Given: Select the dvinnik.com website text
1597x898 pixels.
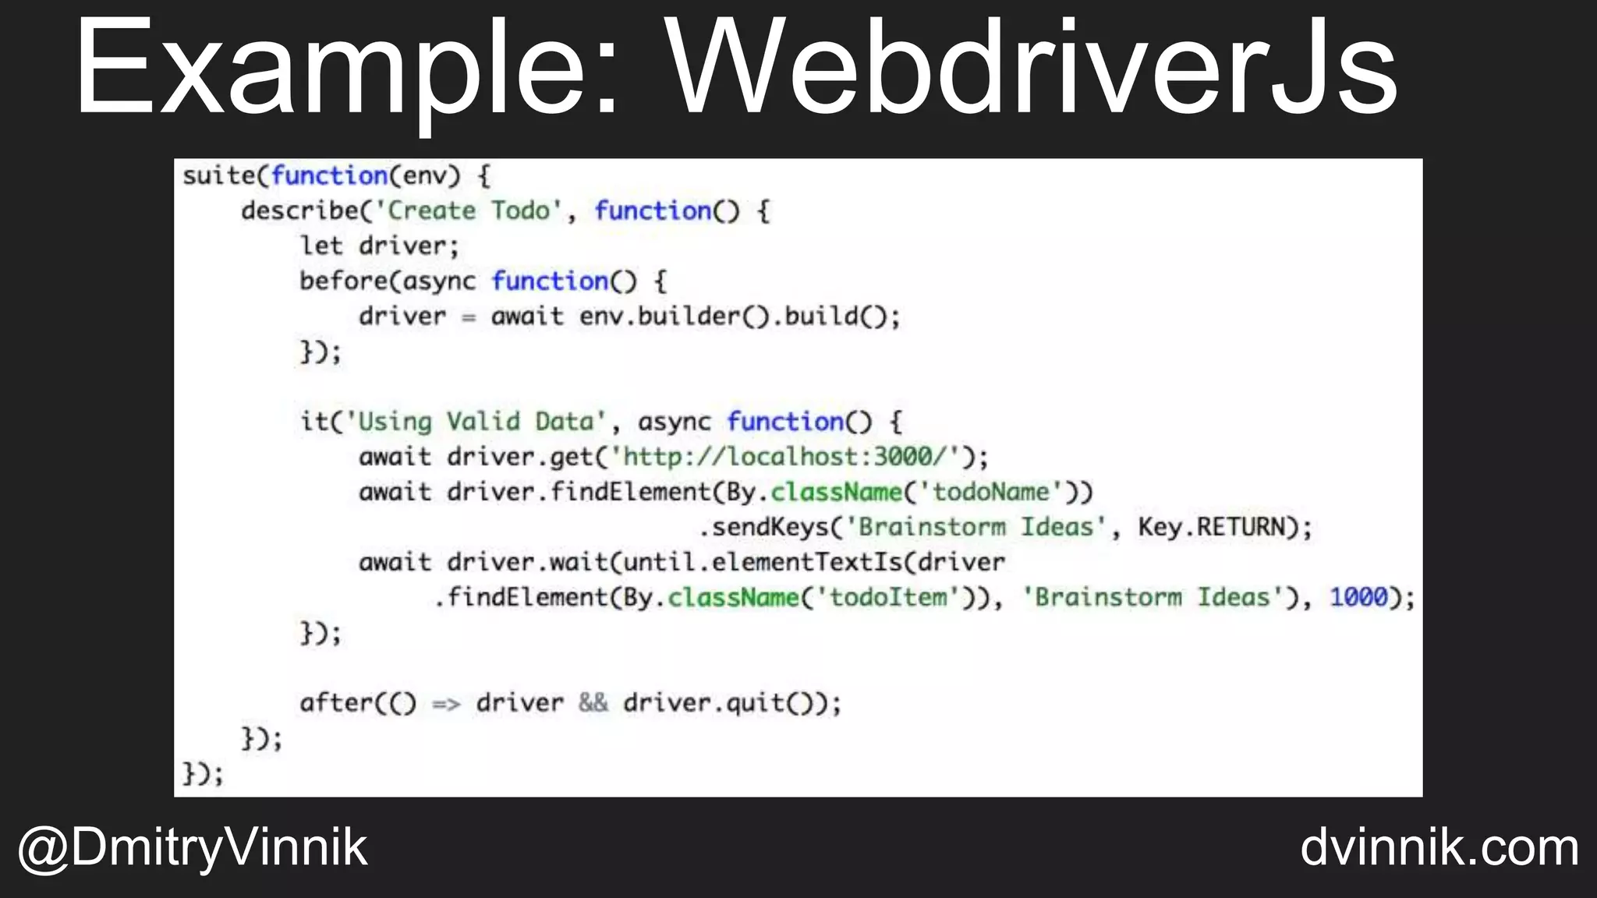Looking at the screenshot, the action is pos(1439,848).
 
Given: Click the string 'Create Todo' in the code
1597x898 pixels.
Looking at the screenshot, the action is pos(469,210).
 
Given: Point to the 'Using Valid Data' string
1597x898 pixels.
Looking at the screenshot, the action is pos(475,422).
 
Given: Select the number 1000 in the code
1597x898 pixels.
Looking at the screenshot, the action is pos(1358,597).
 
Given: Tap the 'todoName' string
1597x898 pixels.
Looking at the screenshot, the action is pos(991,492).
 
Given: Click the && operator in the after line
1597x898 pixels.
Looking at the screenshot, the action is pos(593,703).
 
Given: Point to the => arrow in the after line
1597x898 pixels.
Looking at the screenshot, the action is pos(446,704).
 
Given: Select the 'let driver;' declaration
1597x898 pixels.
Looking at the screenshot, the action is pos(380,246).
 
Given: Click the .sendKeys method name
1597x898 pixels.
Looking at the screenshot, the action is pos(763,527).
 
